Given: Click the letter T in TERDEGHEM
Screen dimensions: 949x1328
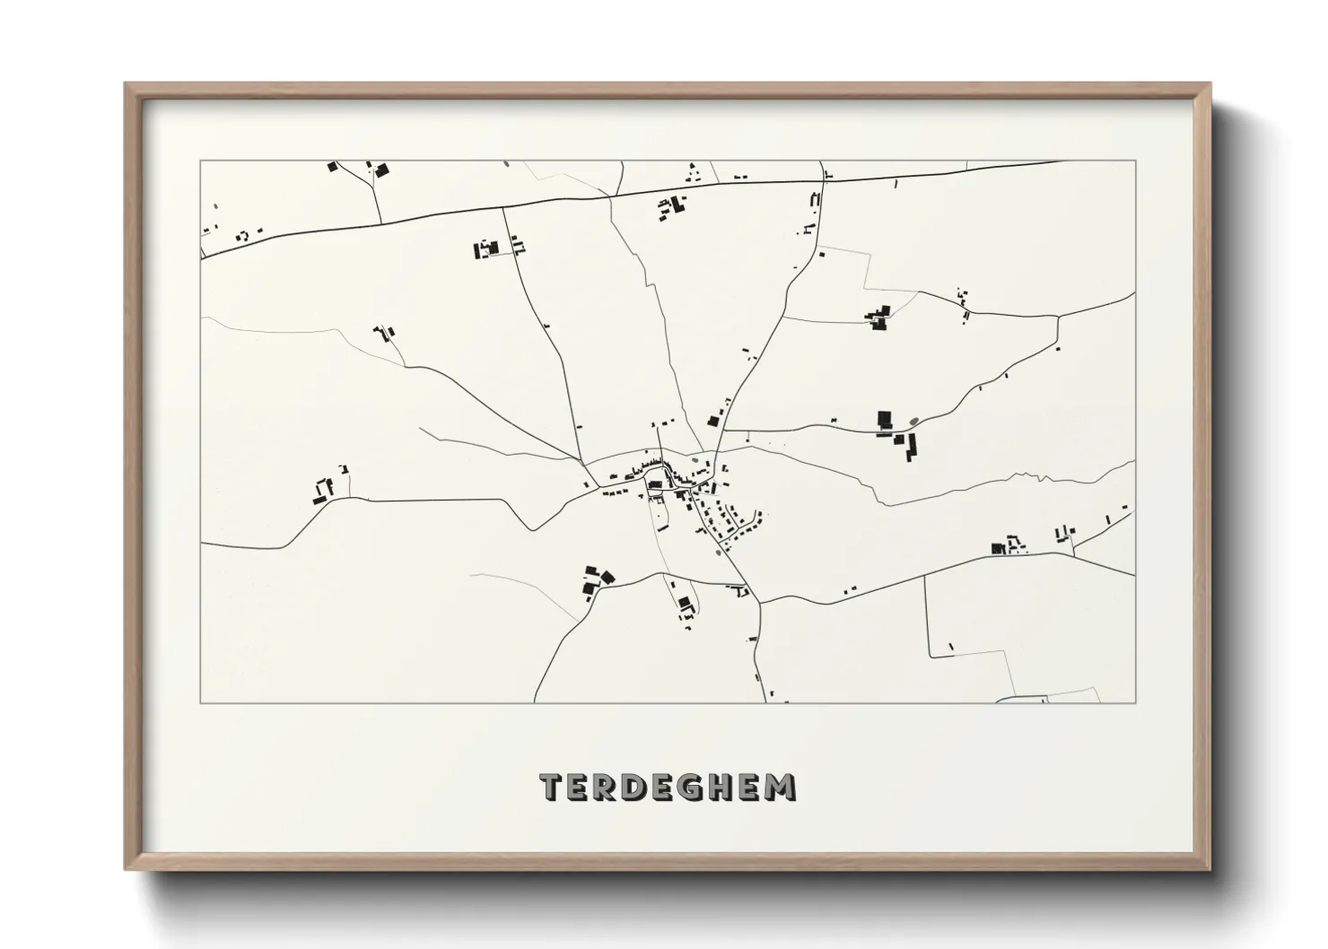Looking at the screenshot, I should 551,788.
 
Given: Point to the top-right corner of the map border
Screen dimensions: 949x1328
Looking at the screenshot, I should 1135,161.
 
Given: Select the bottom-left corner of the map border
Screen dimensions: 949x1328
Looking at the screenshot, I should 201,702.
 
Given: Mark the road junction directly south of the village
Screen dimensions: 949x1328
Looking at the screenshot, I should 759,602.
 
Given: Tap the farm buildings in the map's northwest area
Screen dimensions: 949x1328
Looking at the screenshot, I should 487,248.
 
